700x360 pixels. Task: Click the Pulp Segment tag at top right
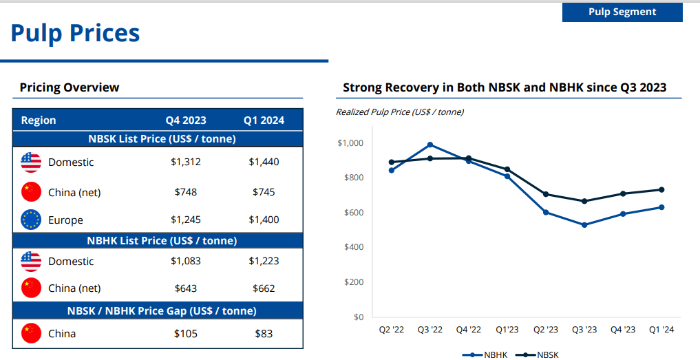click(x=622, y=12)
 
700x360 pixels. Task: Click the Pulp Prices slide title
click(x=75, y=33)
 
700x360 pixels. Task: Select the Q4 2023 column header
click(x=185, y=120)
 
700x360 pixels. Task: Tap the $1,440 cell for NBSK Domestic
click(x=264, y=162)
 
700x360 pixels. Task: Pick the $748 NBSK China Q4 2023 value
click(x=185, y=192)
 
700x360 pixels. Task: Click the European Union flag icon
click(x=31, y=220)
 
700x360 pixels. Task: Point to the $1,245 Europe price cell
click(x=185, y=220)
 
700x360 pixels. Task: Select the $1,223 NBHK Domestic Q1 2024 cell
click(x=264, y=262)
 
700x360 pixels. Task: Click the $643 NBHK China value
click(x=185, y=288)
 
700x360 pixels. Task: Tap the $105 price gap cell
click(x=185, y=334)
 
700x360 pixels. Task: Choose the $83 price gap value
click(x=264, y=334)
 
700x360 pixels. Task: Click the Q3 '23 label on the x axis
click(x=584, y=330)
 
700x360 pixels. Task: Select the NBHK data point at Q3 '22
click(x=430, y=145)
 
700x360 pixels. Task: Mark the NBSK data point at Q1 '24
click(x=661, y=189)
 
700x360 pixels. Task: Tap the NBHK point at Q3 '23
click(x=584, y=225)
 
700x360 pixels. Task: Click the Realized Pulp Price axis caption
click(x=399, y=112)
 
